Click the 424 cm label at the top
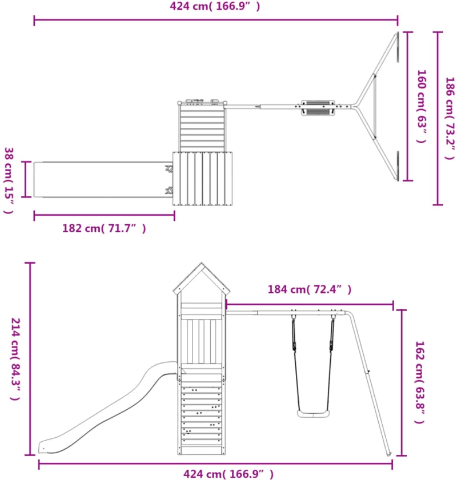(215, 6)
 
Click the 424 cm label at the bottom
(228, 474)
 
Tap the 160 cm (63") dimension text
(422, 106)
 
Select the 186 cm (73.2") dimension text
(450, 118)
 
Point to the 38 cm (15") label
(9, 180)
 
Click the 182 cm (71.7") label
(104, 228)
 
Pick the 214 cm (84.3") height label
(15, 359)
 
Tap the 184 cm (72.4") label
(310, 289)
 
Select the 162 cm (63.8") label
(420, 382)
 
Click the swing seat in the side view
(314, 414)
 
